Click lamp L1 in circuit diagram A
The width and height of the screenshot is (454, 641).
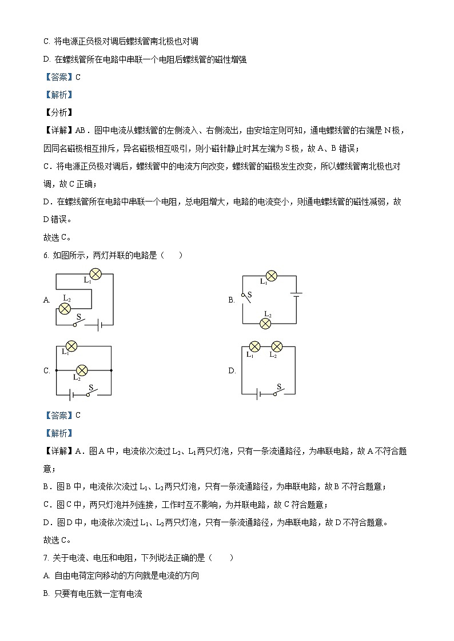[x=95, y=274]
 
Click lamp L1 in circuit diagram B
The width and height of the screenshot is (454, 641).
[x=272, y=276]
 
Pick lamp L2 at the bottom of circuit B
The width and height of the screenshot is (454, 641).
[x=265, y=323]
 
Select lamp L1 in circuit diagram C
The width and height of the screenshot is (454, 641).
[x=71, y=346]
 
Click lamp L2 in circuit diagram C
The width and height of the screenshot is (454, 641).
[x=82, y=370]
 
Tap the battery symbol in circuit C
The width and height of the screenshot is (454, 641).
[x=70, y=394]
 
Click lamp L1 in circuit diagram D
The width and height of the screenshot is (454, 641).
[x=254, y=346]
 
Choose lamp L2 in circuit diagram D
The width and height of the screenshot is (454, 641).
[x=277, y=346]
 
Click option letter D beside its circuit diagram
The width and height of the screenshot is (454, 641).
[x=232, y=370]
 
